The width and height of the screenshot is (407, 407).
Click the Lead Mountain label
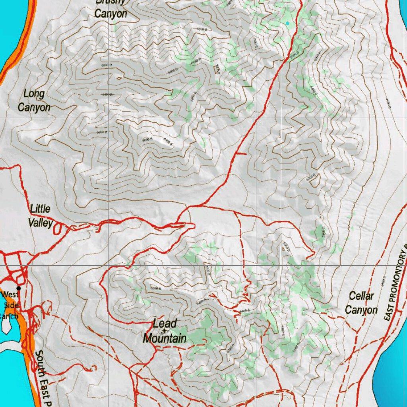point(165,331)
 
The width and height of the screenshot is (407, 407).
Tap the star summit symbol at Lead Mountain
point(164,330)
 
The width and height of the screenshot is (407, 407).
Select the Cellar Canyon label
point(361,303)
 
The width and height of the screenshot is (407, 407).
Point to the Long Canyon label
point(34,101)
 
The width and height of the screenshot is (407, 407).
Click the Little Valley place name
point(41,216)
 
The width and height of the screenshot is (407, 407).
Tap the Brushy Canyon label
point(110,9)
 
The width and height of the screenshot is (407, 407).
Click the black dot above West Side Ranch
point(19,288)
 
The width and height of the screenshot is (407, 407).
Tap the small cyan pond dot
point(287,23)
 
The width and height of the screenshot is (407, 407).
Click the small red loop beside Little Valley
point(58,228)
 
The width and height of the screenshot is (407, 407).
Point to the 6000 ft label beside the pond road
point(294,56)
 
